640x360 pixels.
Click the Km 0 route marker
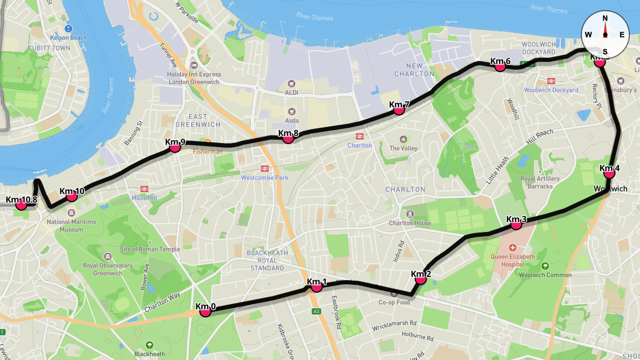[x=205, y=311]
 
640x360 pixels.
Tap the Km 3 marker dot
[x=516, y=225]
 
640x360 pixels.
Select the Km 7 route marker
[x=398, y=109]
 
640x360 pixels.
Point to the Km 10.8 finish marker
[x=21, y=205]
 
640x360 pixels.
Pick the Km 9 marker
[x=174, y=147]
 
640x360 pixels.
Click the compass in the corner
[x=605, y=34]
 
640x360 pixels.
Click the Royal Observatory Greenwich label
[x=108, y=269]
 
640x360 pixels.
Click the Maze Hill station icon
[x=143, y=189]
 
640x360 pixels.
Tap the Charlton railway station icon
[x=359, y=137]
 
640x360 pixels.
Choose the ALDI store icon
[x=291, y=84]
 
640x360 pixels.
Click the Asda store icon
[x=291, y=111]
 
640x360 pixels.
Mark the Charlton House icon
[x=410, y=214]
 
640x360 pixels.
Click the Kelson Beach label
[x=68, y=38]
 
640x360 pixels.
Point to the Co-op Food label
[x=394, y=302]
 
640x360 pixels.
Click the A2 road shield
[x=316, y=311]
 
